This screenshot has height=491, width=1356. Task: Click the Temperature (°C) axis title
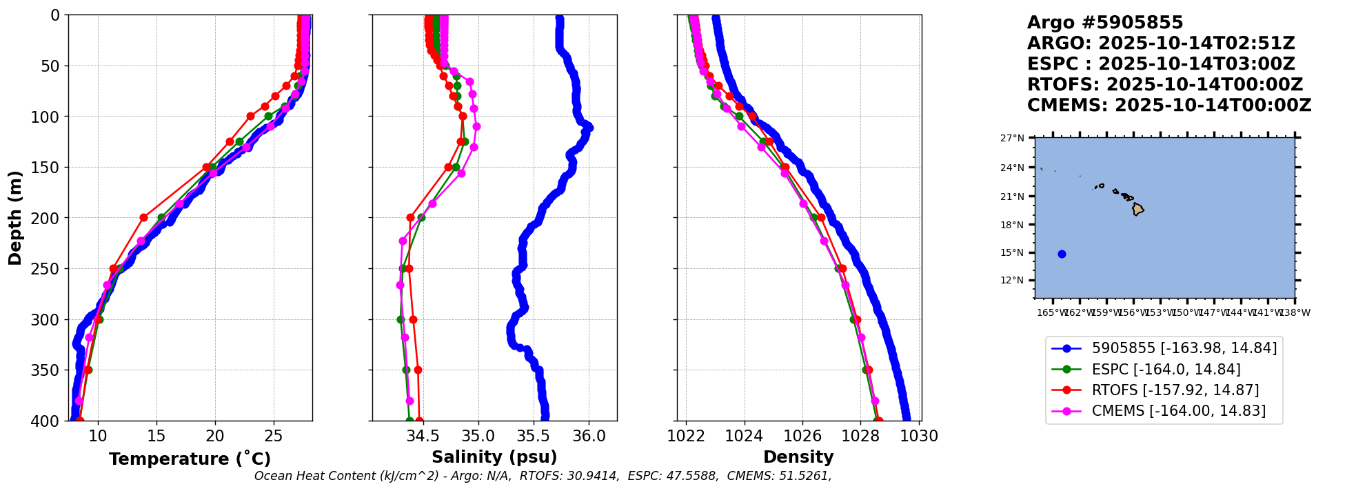pos(190,459)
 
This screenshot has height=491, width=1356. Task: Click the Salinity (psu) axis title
pos(494,457)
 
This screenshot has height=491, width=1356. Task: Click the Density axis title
pos(798,457)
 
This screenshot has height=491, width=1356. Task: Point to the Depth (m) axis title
pos(15,217)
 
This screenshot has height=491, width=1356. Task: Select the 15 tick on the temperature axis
pos(156,437)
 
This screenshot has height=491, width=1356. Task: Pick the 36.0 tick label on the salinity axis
pos(589,437)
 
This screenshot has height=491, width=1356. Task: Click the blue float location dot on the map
pos(1062,254)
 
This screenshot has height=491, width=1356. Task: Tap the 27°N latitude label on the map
pos(1012,139)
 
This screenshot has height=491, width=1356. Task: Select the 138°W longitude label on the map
pos(1295,313)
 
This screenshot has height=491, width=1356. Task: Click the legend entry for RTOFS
pos(1175,390)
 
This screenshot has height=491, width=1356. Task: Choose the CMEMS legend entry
pos(1178,411)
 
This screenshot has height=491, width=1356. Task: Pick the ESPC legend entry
pos(1166,370)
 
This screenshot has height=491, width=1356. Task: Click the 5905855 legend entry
pos(1184,348)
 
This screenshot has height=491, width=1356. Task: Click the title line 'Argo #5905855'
pos(1104,23)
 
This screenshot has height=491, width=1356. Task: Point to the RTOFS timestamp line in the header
pos(1164,85)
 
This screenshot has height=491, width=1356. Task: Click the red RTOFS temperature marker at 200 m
pos(143,217)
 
